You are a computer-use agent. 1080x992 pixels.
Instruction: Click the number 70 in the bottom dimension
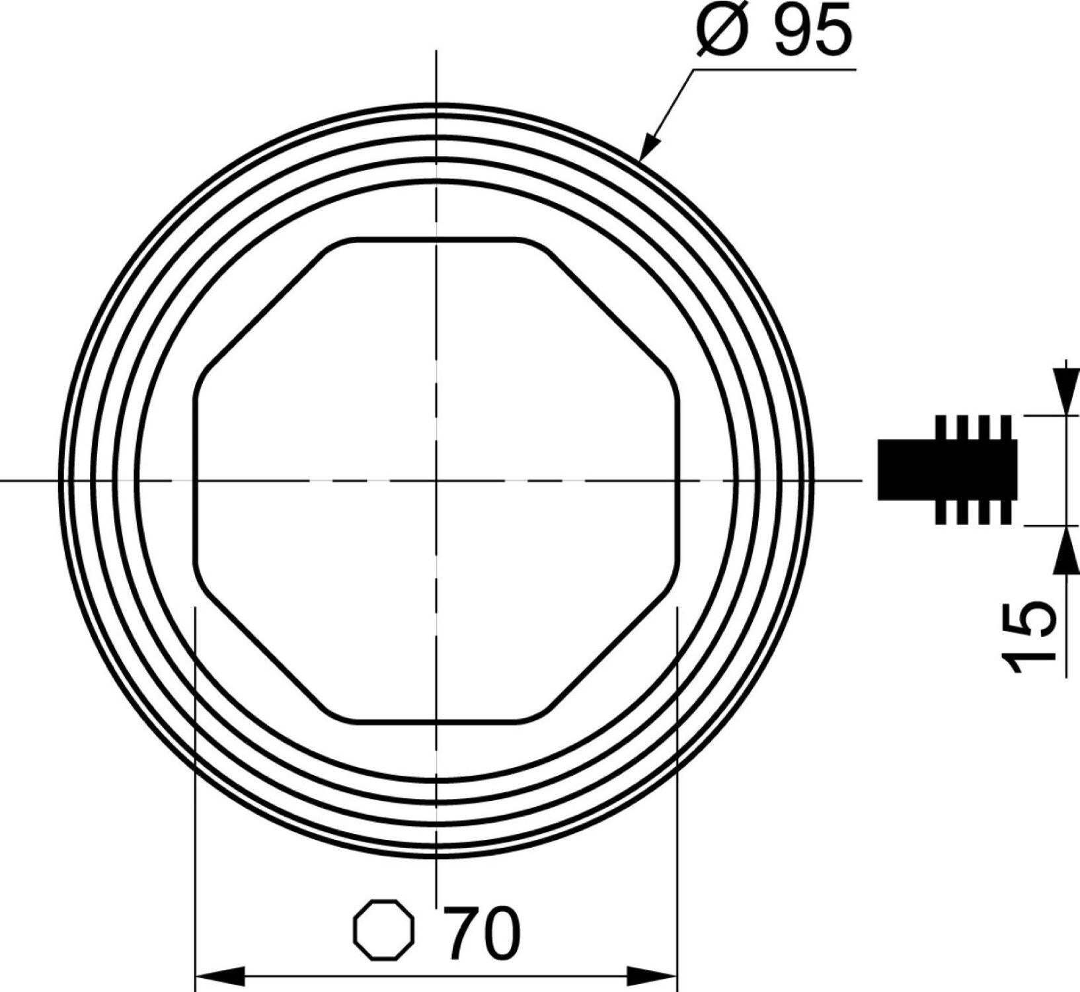click(x=482, y=933)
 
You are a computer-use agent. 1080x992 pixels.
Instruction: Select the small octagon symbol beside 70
click(x=385, y=930)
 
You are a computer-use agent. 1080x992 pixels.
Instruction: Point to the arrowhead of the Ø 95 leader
click(x=650, y=145)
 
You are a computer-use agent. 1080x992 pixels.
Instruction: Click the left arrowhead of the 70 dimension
click(x=220, y=976)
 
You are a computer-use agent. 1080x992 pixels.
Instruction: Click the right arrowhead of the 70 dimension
click(x=653, y=976)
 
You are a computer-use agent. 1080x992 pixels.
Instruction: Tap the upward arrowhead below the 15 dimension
click(x=1065, y=552)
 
